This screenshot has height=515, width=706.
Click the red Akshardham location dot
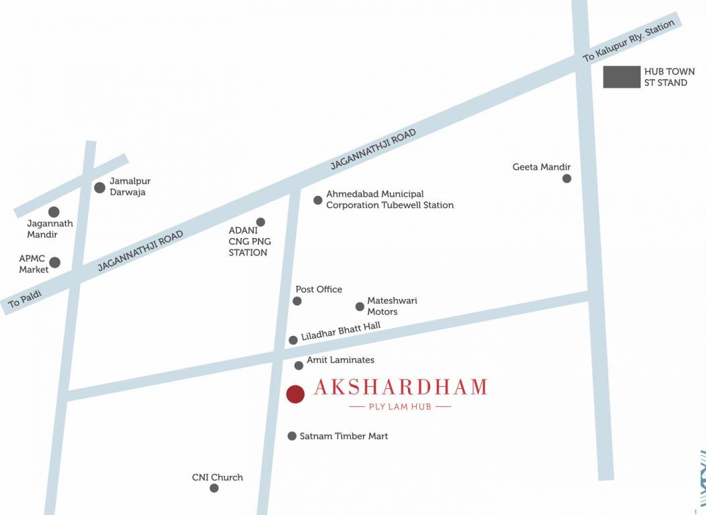pos(295,394)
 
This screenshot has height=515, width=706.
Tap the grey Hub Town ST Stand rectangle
pos(621,77)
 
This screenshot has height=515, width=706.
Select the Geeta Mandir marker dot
pos(567,178)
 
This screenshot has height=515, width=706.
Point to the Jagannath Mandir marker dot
pos(54,212)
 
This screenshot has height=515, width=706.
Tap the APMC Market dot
pos(55,262)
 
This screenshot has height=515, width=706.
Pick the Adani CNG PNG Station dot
pos(260,222)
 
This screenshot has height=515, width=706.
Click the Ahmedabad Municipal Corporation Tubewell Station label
pos(389,199)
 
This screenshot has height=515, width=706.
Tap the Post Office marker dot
pos(297,301)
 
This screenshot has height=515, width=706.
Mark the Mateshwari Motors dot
pos(360,307)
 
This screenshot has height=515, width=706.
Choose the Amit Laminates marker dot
pos(299,365)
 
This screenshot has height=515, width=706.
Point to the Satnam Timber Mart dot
pos(292,436)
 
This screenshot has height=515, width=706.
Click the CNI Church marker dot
pos(214,488)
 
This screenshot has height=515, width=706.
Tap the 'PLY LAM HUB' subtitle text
pos(401,406)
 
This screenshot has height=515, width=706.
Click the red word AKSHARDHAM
pos(400,388)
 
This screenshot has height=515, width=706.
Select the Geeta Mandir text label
pos(542,167)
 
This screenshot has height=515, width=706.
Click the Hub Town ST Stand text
pos(669,77)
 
